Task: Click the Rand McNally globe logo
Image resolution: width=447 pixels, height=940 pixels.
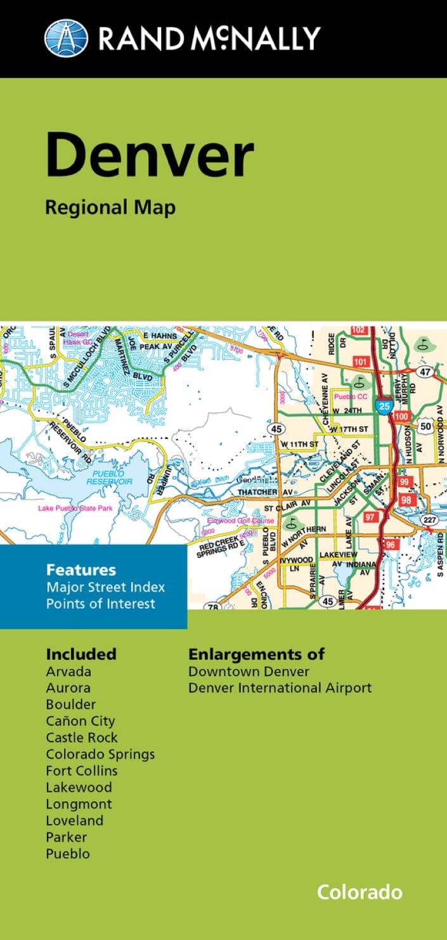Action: (66, 37)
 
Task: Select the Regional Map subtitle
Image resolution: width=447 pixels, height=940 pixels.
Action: (110, 207)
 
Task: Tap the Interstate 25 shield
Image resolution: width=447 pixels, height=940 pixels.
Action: (384, 407)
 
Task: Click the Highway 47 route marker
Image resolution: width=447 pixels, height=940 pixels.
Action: (425, 372)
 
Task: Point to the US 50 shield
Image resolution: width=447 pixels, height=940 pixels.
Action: (425, 426)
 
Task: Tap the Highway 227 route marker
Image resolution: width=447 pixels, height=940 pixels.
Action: (431, 520)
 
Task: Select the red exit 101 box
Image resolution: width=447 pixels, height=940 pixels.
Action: (360, 362)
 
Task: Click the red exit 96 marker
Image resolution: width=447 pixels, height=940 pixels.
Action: (390, 545)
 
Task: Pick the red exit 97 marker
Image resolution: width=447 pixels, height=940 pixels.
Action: (370, 518)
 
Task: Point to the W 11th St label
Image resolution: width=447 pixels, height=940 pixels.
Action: (300, 444)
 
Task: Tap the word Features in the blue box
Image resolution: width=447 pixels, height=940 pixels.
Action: (81, 570)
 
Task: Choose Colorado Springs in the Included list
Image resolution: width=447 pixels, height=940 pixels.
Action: (100, 754)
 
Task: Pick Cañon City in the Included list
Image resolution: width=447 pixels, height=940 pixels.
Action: (80, 721)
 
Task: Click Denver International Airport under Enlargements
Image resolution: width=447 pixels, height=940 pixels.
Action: (280, 688)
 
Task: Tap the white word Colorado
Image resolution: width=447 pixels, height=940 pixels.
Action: (360, 892)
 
